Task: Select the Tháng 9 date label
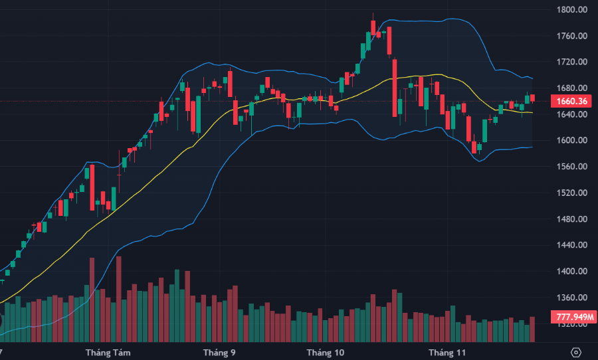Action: (219, 352)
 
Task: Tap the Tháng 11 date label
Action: (448, 352)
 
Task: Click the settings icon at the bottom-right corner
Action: (576, 352)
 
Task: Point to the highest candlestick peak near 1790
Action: (373, 15)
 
